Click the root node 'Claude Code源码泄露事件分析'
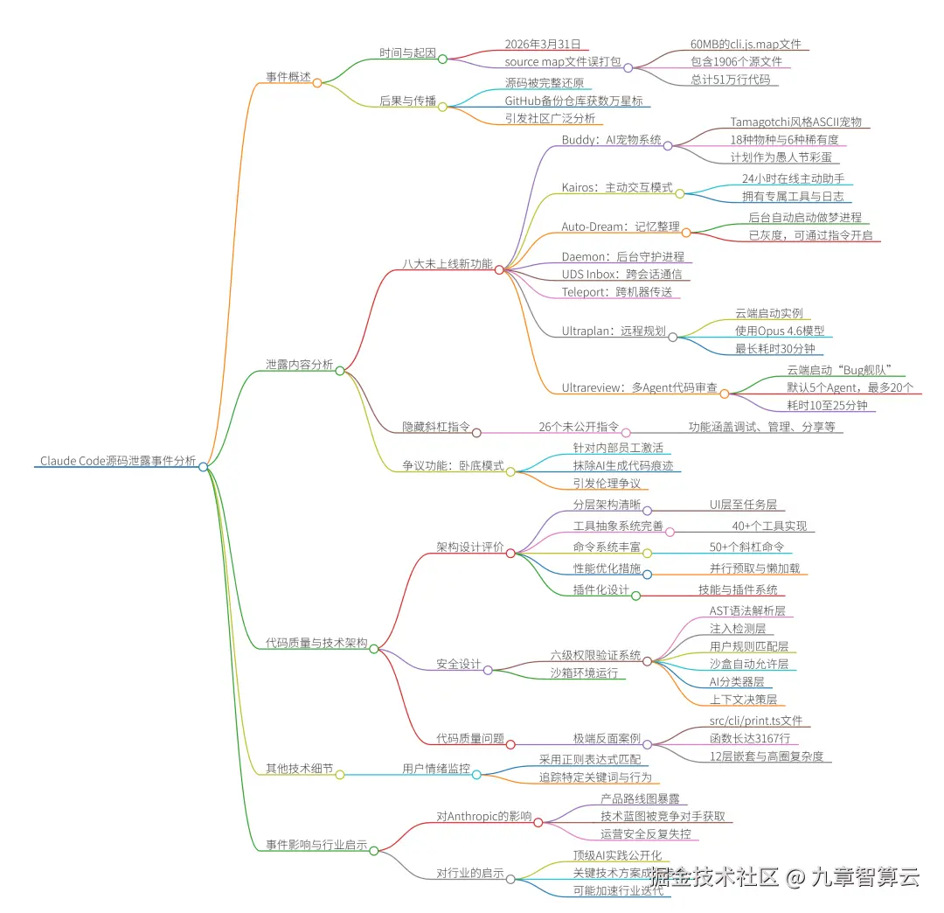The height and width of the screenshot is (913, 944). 118,461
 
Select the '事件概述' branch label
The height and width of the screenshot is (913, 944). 288,77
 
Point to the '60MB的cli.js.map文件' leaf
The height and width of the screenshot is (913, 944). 746,44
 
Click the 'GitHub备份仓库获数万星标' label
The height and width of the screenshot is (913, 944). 573,101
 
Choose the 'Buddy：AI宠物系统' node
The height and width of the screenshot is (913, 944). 611,140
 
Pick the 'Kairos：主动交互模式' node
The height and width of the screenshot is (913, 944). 617,187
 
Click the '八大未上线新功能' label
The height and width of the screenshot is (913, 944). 448,263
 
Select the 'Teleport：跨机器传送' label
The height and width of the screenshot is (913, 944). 617,292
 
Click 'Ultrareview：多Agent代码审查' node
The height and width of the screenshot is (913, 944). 640,387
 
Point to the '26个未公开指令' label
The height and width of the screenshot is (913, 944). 578,427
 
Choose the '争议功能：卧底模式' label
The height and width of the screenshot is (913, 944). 453,466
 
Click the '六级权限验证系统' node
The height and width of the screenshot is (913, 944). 595,655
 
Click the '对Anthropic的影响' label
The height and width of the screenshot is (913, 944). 483,816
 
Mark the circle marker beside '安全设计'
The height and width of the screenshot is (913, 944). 489,670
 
